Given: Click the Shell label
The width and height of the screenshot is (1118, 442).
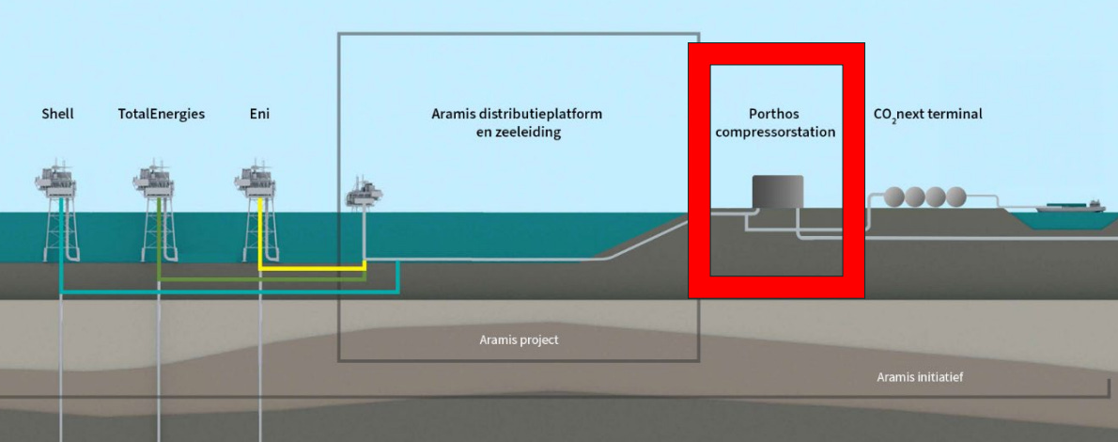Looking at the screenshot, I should pos(57,114).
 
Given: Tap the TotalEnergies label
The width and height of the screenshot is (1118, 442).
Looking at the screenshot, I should pos(161,114).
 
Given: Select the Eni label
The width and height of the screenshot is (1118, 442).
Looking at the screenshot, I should pos(258,114).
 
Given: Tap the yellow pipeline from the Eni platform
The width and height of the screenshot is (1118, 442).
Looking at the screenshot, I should pos(310,269).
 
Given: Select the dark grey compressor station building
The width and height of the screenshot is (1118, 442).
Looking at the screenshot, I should pos(777,192).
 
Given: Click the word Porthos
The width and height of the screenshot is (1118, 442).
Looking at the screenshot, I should pos(775,114).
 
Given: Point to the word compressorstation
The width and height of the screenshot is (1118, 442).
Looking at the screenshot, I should pos(775,133).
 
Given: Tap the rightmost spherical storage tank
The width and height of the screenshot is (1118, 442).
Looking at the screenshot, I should pos(955,197).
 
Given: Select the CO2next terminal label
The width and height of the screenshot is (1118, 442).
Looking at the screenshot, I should pos(927,114).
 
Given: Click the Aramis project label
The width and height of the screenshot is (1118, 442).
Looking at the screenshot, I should pos(519,339).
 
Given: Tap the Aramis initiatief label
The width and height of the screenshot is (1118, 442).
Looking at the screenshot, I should pos(920,377).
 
